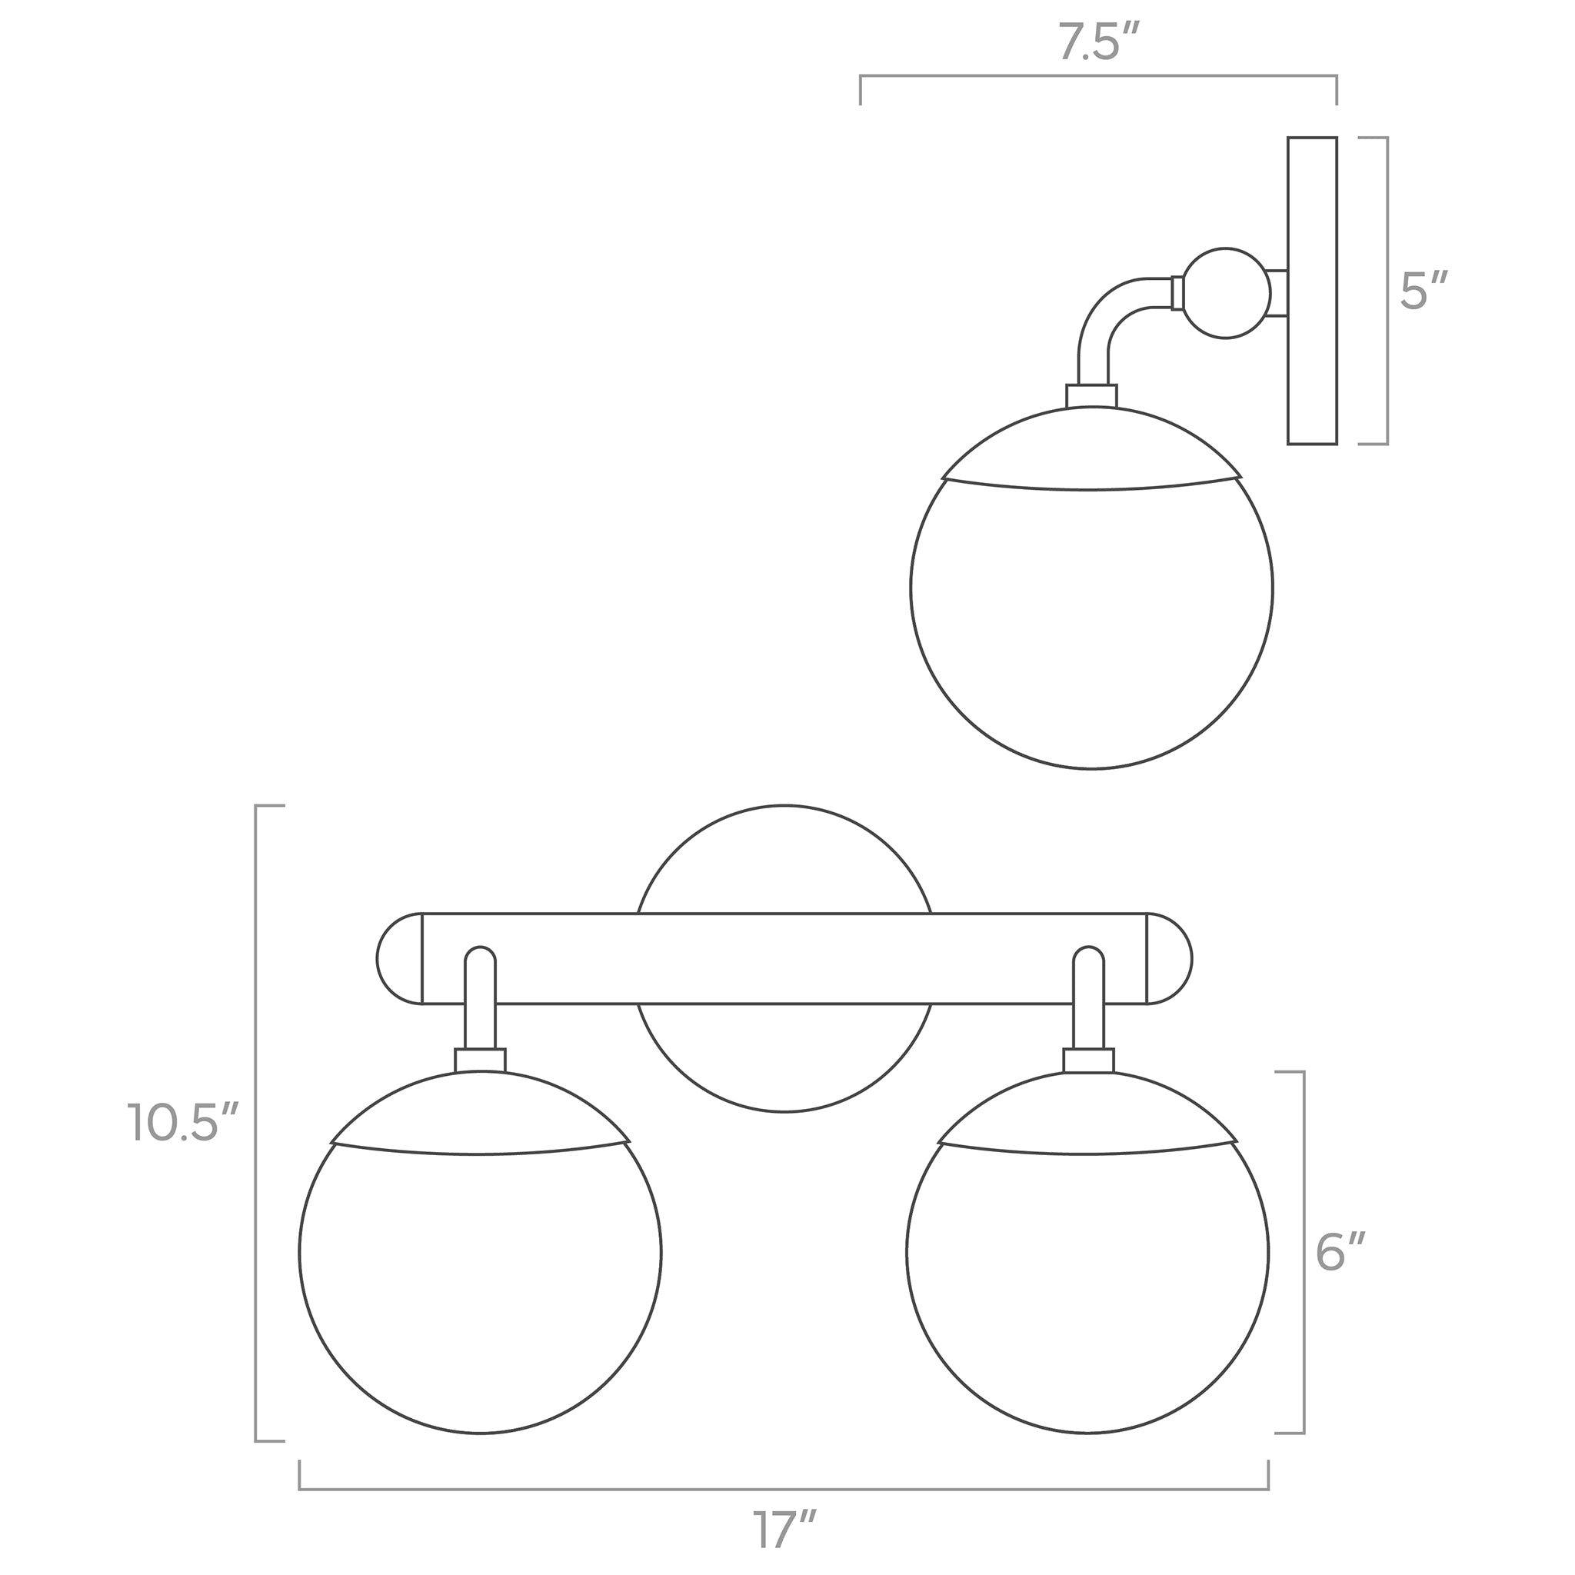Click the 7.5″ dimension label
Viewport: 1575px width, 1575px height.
click(x=1098, y=42)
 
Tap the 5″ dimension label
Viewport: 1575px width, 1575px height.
click(x=1423, y=289)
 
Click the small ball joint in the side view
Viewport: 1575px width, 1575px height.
click(x=1225, y=293)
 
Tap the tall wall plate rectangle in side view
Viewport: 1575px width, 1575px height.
click(x=1313, y=290)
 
